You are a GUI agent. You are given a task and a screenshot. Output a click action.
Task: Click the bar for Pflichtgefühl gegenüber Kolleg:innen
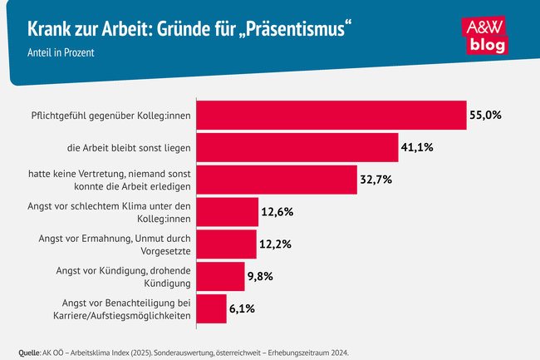332,116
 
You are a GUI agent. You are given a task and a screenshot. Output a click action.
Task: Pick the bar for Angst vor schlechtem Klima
228,212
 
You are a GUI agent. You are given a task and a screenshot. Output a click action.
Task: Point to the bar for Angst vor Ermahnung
228,244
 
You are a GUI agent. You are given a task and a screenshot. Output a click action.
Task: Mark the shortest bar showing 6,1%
213,308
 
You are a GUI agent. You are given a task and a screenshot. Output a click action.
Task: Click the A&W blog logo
484,35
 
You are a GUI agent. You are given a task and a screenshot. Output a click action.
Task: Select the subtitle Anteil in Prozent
60,53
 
